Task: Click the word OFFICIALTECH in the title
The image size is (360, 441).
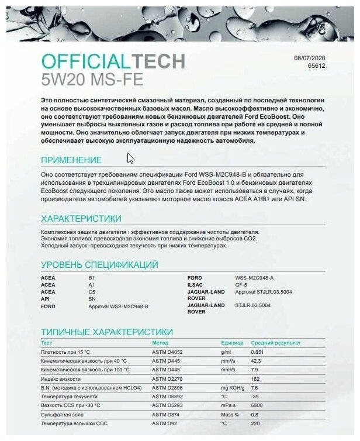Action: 113,61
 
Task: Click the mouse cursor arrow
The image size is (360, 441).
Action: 130,158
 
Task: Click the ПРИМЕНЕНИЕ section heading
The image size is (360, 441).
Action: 71,160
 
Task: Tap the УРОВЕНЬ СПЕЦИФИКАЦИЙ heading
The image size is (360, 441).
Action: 99,264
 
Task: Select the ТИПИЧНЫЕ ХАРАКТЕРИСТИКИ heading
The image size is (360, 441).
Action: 106,332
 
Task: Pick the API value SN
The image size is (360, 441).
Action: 91,298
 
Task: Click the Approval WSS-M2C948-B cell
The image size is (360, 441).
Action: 118,306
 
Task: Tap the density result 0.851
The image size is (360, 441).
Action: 257,352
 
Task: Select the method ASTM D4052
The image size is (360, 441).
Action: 167,352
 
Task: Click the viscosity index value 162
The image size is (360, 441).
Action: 255,378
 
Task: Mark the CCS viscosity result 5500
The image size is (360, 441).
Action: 256,405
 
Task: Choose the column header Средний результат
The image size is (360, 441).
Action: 275,342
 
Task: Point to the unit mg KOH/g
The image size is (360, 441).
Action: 233,387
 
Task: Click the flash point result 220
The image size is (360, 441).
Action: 255,422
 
